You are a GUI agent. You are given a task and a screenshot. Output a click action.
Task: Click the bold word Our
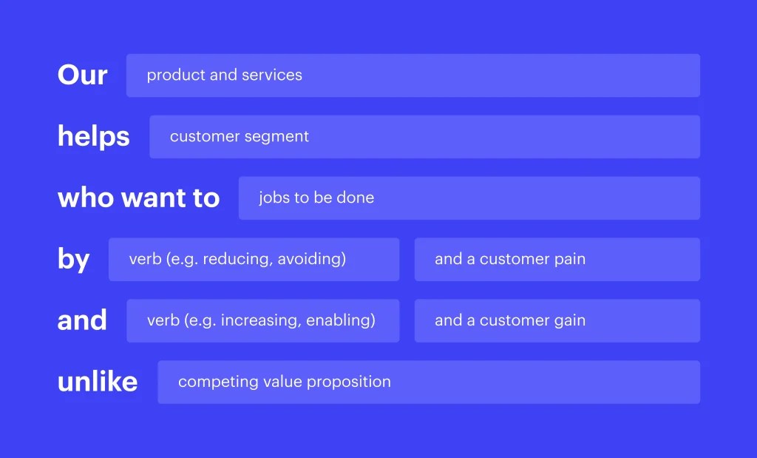82,75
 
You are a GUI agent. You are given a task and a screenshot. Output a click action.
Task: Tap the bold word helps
93,137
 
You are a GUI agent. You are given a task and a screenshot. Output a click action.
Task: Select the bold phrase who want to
138,198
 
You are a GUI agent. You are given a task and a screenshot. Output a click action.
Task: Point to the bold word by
73,260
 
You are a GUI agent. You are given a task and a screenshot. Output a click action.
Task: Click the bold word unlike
98,382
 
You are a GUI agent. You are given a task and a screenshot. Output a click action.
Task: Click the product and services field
413,75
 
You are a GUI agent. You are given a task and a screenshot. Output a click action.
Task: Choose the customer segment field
424,137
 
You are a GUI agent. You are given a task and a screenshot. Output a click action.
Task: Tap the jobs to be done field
469,198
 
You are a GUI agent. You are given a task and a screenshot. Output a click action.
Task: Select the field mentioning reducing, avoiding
254,260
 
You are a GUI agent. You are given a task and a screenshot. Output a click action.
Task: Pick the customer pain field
557,260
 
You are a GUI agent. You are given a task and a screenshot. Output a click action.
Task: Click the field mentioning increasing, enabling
262,320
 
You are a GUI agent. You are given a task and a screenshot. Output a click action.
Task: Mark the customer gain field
557,320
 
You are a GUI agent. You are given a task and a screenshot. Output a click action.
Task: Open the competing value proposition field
429,382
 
